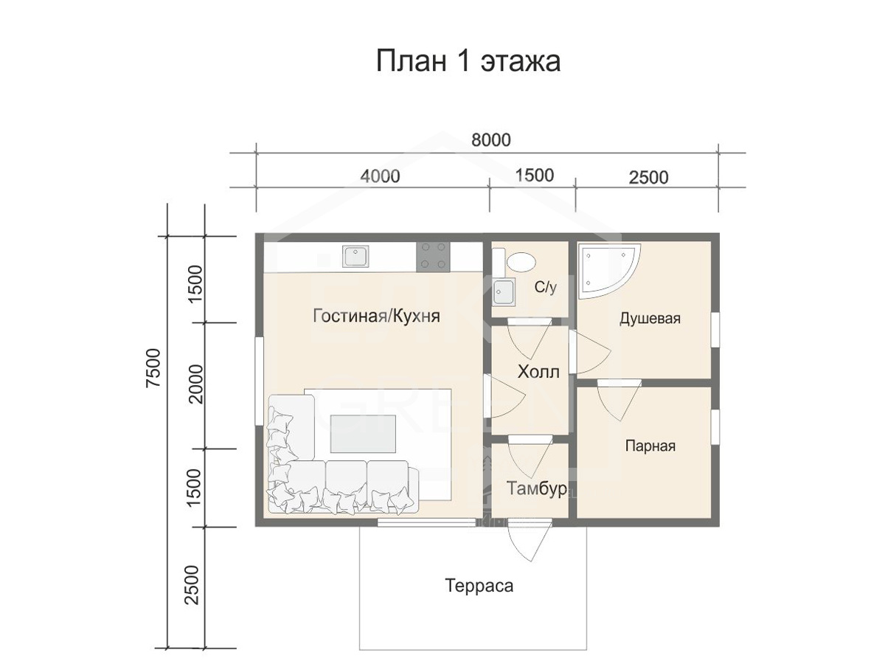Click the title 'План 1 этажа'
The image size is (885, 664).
[x=468, y=61]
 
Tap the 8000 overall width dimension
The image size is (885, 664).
[x=490, y=140]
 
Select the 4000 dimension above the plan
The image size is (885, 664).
[x=380, y=176]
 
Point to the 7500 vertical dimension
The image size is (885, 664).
[x=153, y=367]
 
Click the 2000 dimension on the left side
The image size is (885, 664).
[x=196, y=384]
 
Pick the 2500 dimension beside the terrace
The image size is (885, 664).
[x=192, y=584]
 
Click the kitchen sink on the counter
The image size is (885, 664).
[x=355, y=256]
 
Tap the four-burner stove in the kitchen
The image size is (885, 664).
[x=434, y=256]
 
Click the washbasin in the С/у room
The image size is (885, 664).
[x=504, y=292]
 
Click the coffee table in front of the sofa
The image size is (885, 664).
[x=363, y=434]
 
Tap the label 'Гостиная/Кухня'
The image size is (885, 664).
[x=376, y=316]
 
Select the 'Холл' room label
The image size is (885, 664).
[x=538, y=371]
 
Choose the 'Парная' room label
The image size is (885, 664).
[x=650, y=446]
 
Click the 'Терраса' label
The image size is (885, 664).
[x=479, y=585]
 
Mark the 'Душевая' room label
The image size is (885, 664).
[x=650, y=318]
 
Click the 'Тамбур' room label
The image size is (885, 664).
[x=536, y=488]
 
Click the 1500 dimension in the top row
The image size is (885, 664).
[x=534, y=175]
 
